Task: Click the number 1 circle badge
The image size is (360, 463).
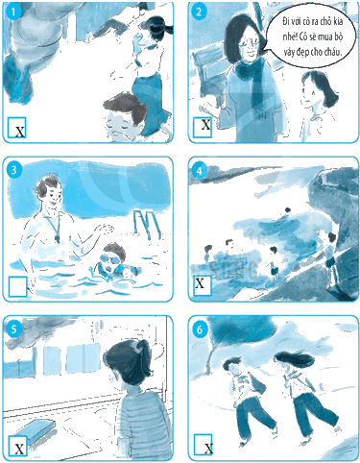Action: [13, 12]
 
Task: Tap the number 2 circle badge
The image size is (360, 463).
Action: [199, 12]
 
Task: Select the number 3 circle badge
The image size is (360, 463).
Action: [13, 170]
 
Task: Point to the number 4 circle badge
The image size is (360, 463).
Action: [199, 171]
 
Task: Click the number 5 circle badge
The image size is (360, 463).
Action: [13, 329]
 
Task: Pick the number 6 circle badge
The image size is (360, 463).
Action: [200, 329]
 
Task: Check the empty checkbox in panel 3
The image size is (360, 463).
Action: [17, 286]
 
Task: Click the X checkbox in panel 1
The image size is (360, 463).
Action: [17, 127]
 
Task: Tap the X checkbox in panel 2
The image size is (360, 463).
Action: [203, 127]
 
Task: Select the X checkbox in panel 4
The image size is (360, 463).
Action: [203, 284]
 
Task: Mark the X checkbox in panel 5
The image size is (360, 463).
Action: [17, 446]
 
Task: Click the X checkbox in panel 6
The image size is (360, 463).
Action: [203, 444]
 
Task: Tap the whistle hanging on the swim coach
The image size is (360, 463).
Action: [58, 238]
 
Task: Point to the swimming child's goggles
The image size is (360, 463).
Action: [108, 259]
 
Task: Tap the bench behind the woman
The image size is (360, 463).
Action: [209, 75]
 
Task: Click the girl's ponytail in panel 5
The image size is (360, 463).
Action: [143, 351]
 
